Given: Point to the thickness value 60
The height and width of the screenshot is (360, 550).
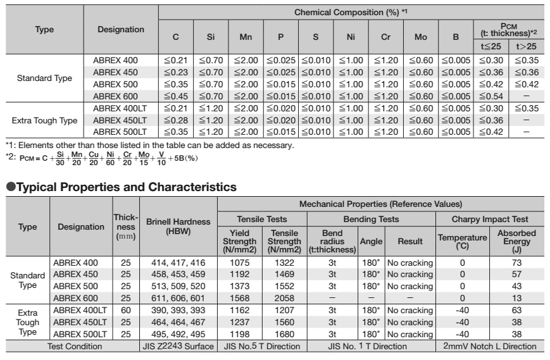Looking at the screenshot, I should coord(125,311).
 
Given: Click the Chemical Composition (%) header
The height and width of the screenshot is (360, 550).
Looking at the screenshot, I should coord(351,13).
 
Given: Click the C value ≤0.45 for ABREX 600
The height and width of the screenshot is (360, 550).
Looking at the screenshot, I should coord(177,95).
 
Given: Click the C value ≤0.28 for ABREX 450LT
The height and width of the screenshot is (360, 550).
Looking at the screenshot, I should coord(177,120).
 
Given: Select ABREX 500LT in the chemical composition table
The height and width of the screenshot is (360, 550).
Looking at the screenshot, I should coord(120,132).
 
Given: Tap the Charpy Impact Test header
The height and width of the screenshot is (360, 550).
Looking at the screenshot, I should coord(491,219).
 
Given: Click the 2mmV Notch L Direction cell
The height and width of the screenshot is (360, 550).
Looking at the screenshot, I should coord(491,346).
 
